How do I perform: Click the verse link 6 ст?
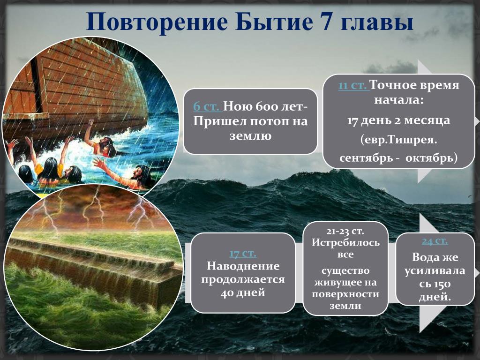pos(206,106)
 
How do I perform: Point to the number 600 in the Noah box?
pos(266,106)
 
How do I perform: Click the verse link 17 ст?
pos(243,253)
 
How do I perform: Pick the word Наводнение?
pos(243,266)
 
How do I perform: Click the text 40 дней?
pos(243,292)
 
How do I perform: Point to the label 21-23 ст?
pos(345,231)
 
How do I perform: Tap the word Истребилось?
pos(345,242)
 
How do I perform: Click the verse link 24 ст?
pos(435,241)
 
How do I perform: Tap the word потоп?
pos(268,121)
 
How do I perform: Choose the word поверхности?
pos(345,294)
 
